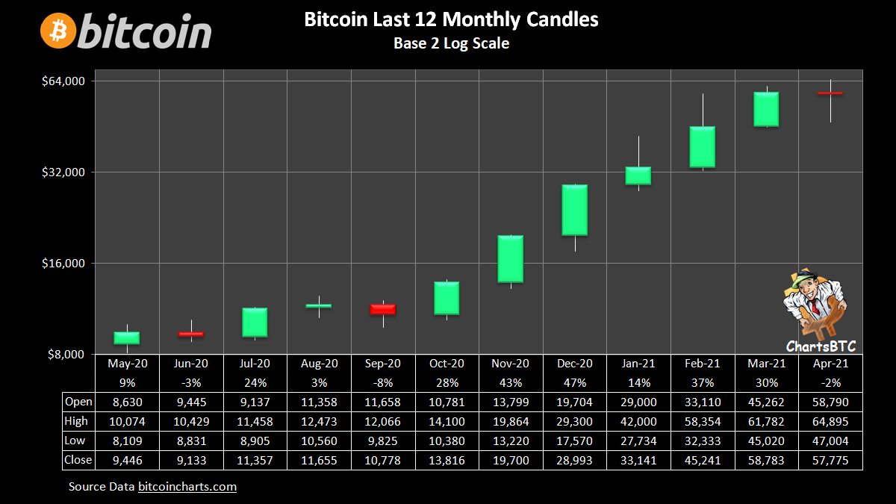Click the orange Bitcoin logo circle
point(58,31)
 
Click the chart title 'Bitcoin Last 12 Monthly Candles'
point(451,19)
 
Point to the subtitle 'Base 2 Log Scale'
point(451,43)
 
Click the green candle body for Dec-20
point(574,210)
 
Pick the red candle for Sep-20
point(383,309)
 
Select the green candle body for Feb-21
point(702,146)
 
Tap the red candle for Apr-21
point(830,93)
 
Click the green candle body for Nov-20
point(511,258)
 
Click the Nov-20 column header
point(511,364)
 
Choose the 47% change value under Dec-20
point(574,382)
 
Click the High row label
point(78,421)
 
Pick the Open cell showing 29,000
point(638,402)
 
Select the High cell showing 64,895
point(830,421)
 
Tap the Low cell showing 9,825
point(383,441)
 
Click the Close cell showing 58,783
point(766,460)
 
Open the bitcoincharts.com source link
point(187,487)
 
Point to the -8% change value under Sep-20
point(383,382)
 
